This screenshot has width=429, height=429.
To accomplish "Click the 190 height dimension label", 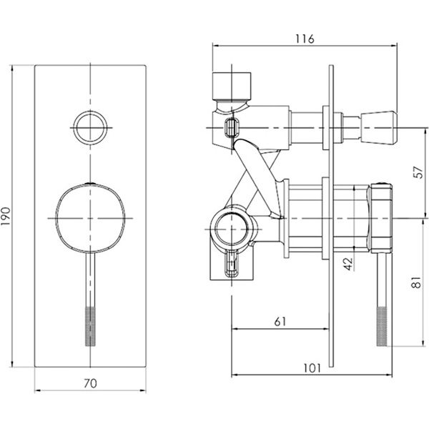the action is pyautogui.click(x=6, y=216).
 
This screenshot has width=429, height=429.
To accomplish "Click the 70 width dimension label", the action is pyautogui.click(x=90, y=383).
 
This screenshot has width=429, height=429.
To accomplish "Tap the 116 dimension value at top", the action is pyautogui.click(x=305, y=39).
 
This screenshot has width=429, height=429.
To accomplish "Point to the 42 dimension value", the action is pyautogui.click(x=348, y=263).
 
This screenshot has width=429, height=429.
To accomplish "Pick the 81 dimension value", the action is pyautogui.click(x=416, y=282).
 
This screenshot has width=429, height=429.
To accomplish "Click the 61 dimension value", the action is pyautogui.click(x=280, y=322).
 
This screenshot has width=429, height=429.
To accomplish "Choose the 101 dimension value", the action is pyautogui.click(x=312, y=368).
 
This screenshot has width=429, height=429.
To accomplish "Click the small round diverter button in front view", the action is pyautogui.click(x=90, y=128).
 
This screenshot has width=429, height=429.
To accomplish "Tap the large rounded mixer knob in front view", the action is pyautogui.click(x=90, y=218).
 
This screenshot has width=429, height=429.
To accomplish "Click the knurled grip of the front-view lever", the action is pyautogui.click(x=90, y=326).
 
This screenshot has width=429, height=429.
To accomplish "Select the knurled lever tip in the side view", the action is pyautogui.click(x=383, y=326).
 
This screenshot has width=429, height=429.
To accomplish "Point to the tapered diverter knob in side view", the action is pyautogui.click(x=379, y=128).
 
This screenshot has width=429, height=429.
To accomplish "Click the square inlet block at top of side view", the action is pyautogui.click(x=232, y=87).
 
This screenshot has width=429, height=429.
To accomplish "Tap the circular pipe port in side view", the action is pyautogui.click(x=232, y=228).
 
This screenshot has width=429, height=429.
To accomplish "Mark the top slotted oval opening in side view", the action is pyautogui.click(x=232, y=128).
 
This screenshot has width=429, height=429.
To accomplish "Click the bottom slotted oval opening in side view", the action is pyautogui.click(x=232, y=265).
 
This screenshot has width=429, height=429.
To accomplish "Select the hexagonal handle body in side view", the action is pyautogui.click(x=380, y=218).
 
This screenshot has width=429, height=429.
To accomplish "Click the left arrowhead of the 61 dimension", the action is pyautogui.click(x=235, y=329).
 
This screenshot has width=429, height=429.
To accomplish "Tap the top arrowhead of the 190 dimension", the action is pyautogui.click(x=11, y=68).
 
